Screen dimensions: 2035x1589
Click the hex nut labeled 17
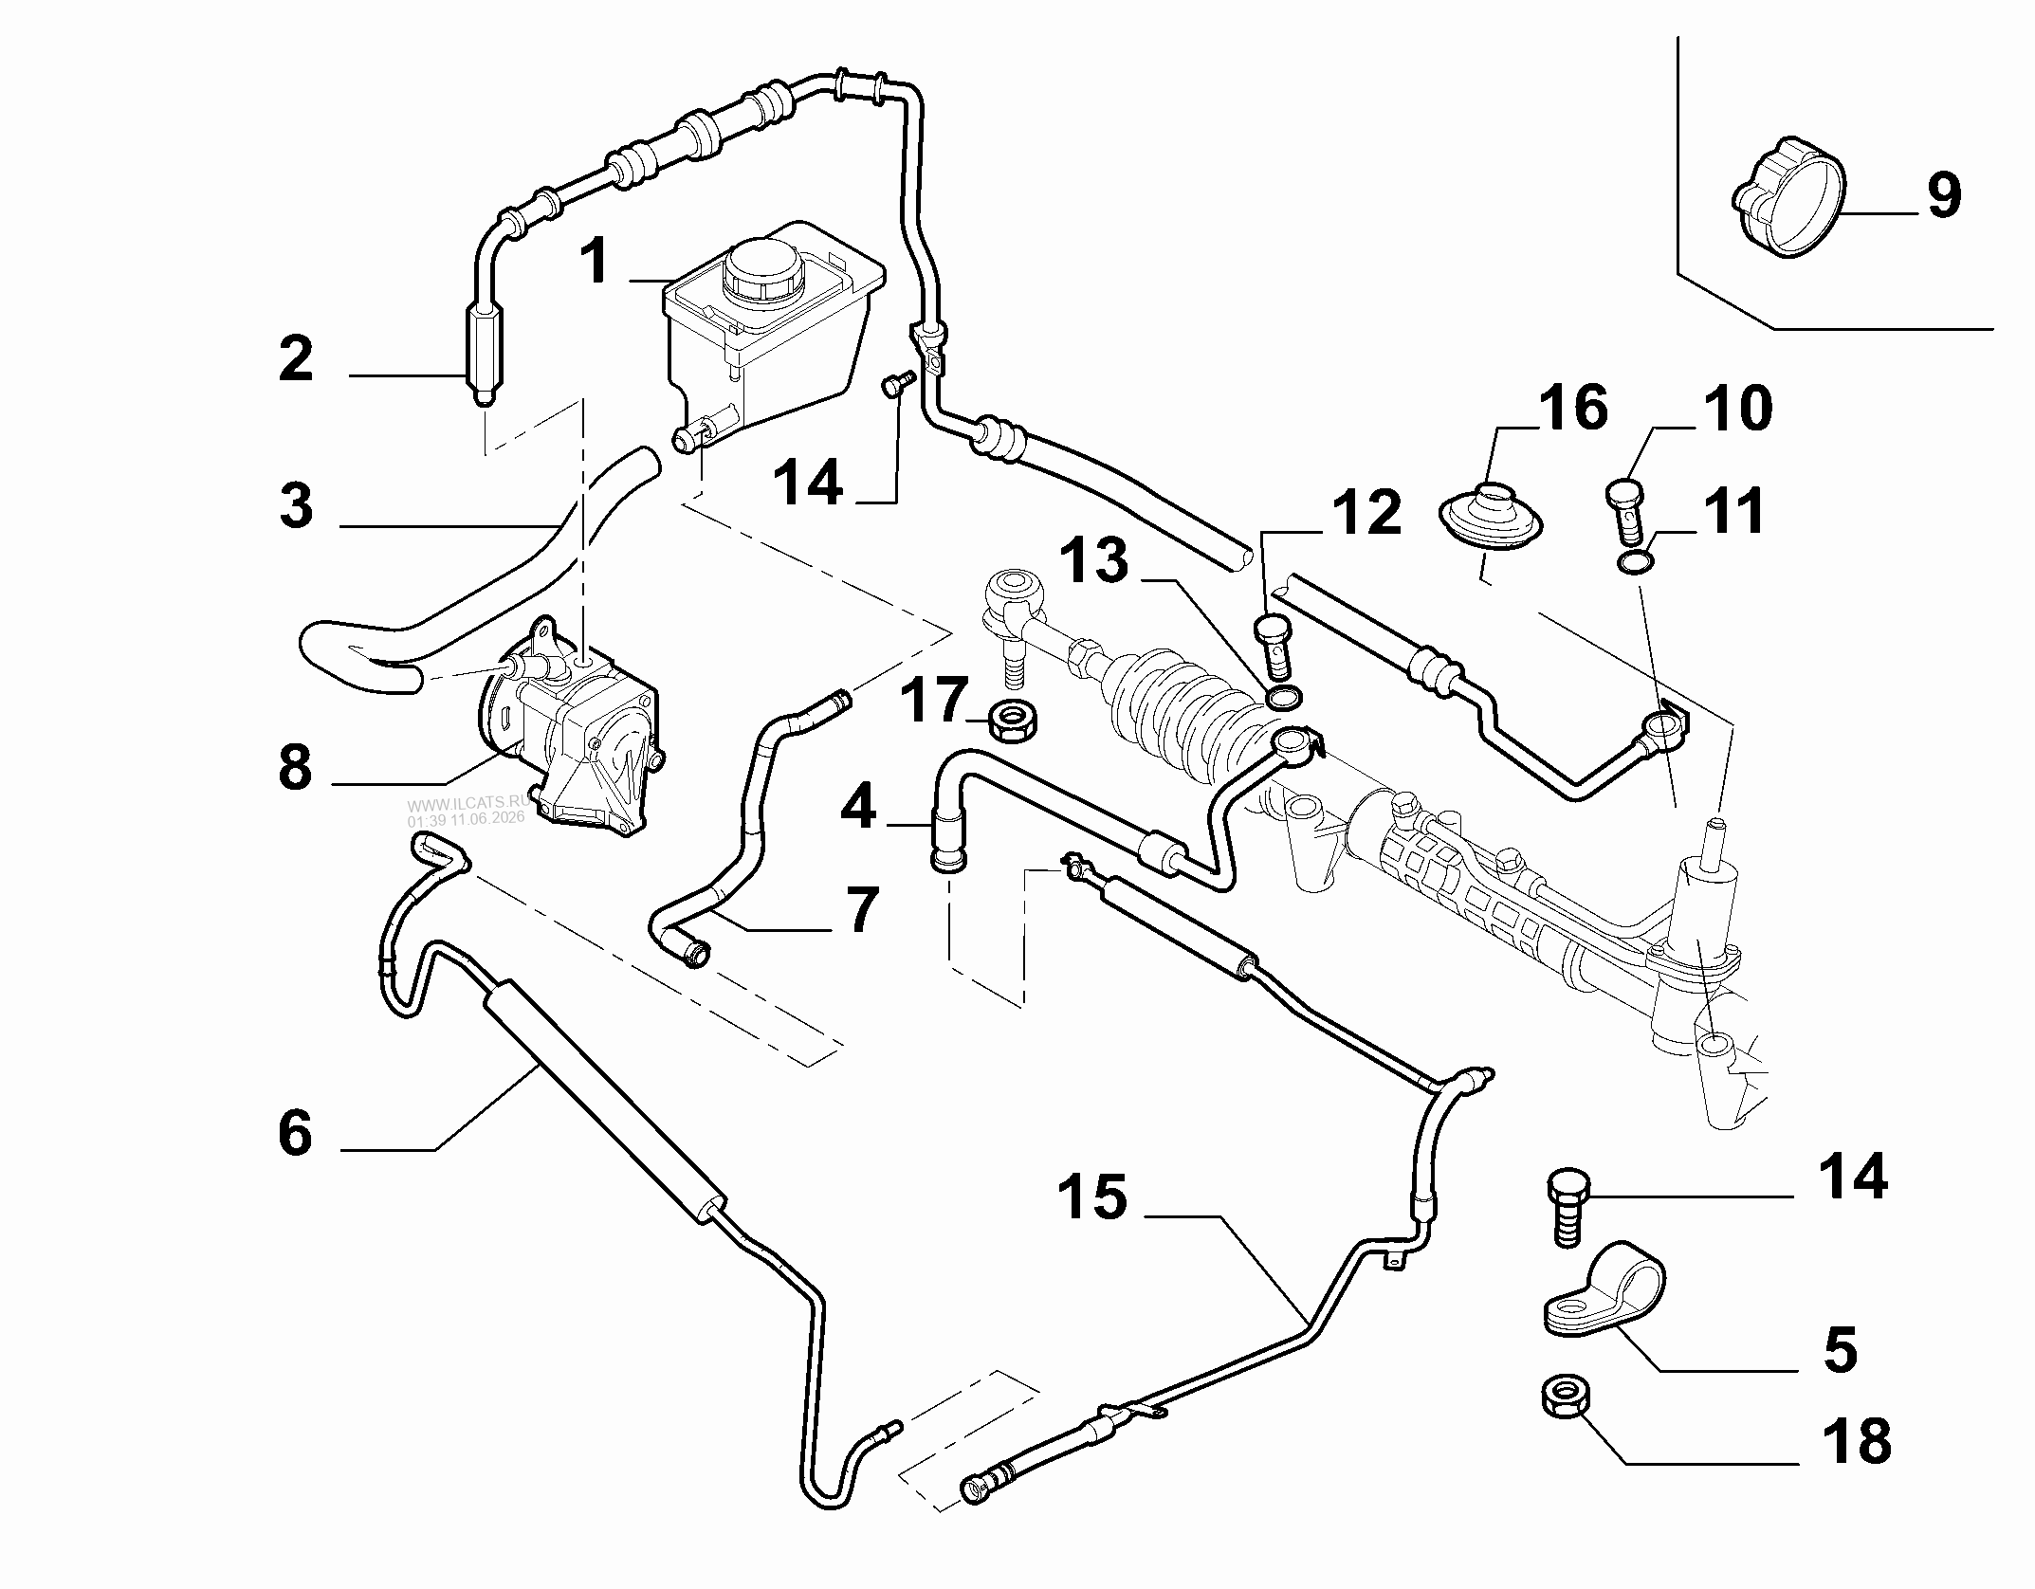tap(1015, 721)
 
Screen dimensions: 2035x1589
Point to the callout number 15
tap(1092, 1196)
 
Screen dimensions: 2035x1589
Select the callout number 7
tap(860, 909)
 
